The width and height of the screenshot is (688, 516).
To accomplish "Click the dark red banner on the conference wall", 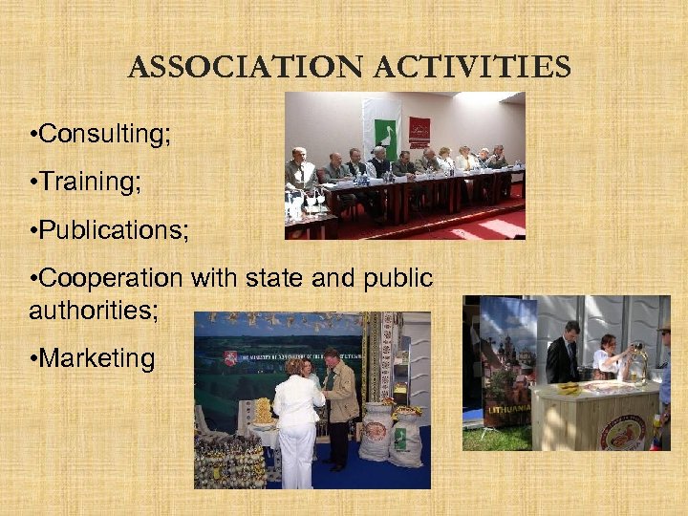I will tap(419, 130).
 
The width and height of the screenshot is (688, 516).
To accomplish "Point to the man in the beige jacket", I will tap(337, 401).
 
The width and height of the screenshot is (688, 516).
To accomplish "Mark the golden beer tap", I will tap(634, 361).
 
